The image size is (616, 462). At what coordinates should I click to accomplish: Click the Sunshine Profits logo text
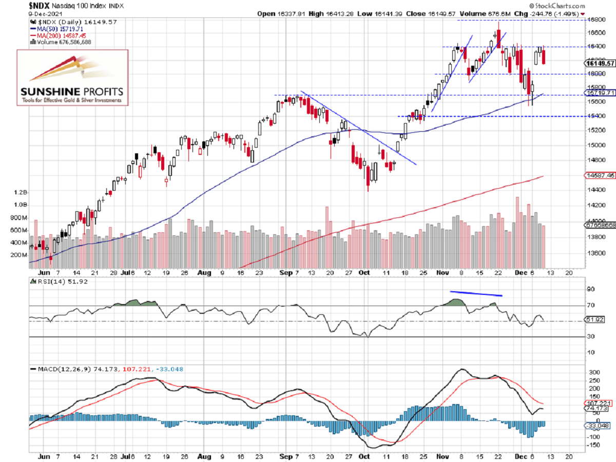tap(71, 92)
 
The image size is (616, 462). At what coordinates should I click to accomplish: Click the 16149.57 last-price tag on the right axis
tap(600, 64)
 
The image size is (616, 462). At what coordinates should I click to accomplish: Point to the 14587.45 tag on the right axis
tap(600, 176)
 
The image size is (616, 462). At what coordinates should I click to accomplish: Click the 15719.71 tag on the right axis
tap(600, 93)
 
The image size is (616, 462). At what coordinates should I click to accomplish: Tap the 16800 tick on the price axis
tap(595, 20)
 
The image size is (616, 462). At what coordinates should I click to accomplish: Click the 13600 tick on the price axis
tap(595, 253)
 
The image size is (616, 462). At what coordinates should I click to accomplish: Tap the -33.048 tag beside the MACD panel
tap(599, 426)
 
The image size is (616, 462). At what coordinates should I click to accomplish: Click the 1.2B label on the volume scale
tap(20, 193)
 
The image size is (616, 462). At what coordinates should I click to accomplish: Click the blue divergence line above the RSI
tap(476, 294)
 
